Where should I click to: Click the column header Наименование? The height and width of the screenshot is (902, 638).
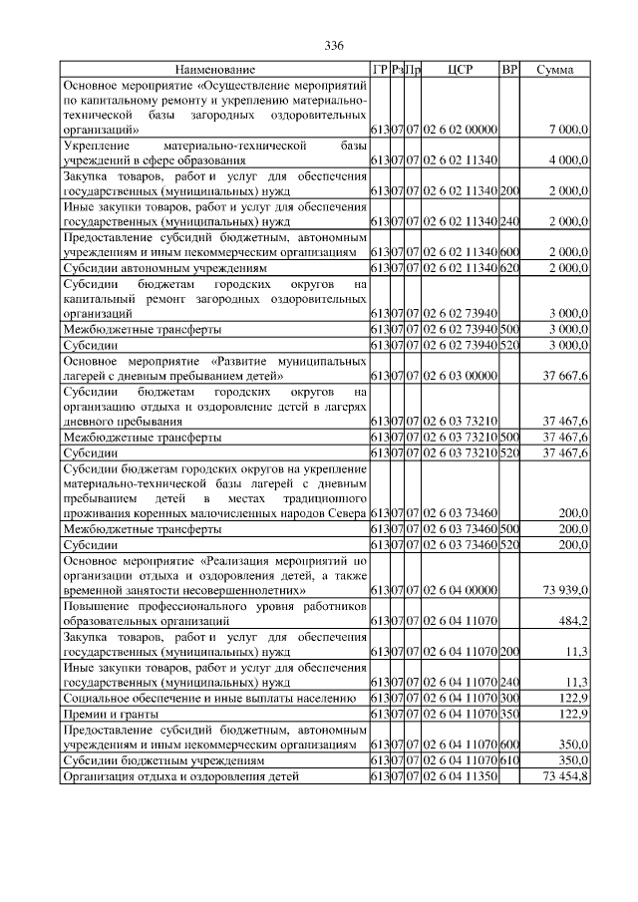[215, 70]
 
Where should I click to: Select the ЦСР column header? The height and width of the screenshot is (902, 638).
[460, 70]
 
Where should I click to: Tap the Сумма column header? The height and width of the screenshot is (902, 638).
[554, 70]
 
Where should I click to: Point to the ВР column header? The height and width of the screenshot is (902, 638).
[509, 70]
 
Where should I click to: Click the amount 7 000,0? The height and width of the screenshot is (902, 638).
[569, 130]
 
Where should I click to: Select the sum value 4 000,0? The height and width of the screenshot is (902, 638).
[569, 159]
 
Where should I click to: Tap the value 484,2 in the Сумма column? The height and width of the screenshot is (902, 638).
[574, 621]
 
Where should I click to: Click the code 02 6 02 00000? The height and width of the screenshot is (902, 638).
[460, 130]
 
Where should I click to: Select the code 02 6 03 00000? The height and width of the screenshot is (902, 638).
[460, 376]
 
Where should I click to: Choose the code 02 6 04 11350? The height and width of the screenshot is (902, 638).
[460, 774]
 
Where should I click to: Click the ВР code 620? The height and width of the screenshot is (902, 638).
[509, 268]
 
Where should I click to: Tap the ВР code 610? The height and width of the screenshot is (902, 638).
[509, 759]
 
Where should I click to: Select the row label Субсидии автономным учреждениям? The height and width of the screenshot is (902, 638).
[165, 268]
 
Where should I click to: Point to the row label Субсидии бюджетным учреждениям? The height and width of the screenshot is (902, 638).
[163, 759]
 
